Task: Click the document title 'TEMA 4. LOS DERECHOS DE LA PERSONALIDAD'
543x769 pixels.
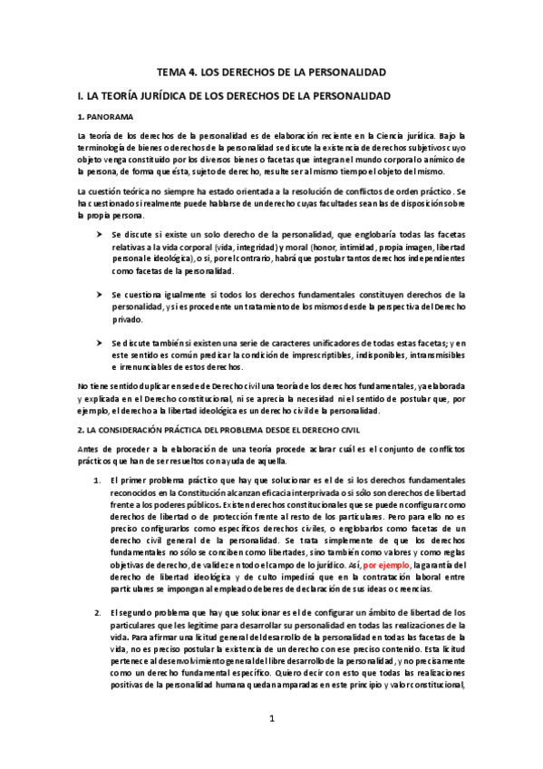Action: pyautogui.click(x=272, y=71)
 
